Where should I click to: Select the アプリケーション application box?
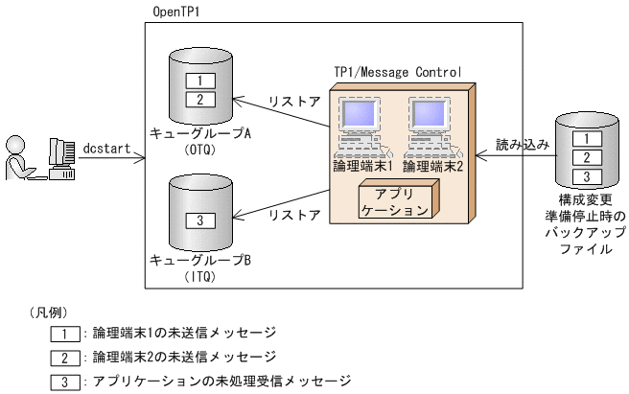[397, 199]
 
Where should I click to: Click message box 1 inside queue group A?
[200, 81]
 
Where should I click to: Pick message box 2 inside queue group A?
[200, 99]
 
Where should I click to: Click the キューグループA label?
[200, 133]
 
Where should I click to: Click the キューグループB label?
[200, 260]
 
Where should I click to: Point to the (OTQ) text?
[200, 150]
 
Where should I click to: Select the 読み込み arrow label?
[522, 145]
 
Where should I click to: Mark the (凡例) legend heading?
[50, 312]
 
